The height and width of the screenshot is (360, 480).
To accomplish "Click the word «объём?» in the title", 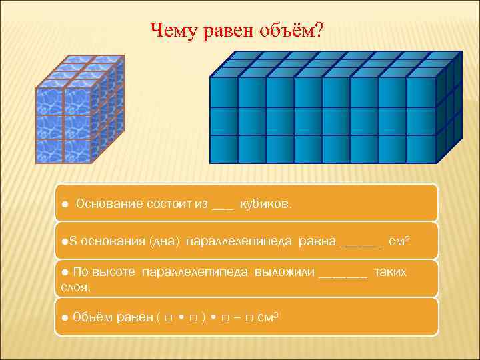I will pyautogui.click(x=293, y=29).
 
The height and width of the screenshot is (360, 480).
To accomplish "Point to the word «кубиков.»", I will pyautogui.click(x=265, y=203).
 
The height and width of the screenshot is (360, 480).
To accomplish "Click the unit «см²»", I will pyautogui.click(x=399, y=240).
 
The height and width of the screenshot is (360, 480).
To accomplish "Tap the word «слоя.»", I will pyautogui.click(x=75, y=287).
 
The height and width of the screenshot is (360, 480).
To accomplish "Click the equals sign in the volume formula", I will pyautogui.click(x=236, y=317).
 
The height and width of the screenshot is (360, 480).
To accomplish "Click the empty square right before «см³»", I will pyautogui.click(x=248, y=318).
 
